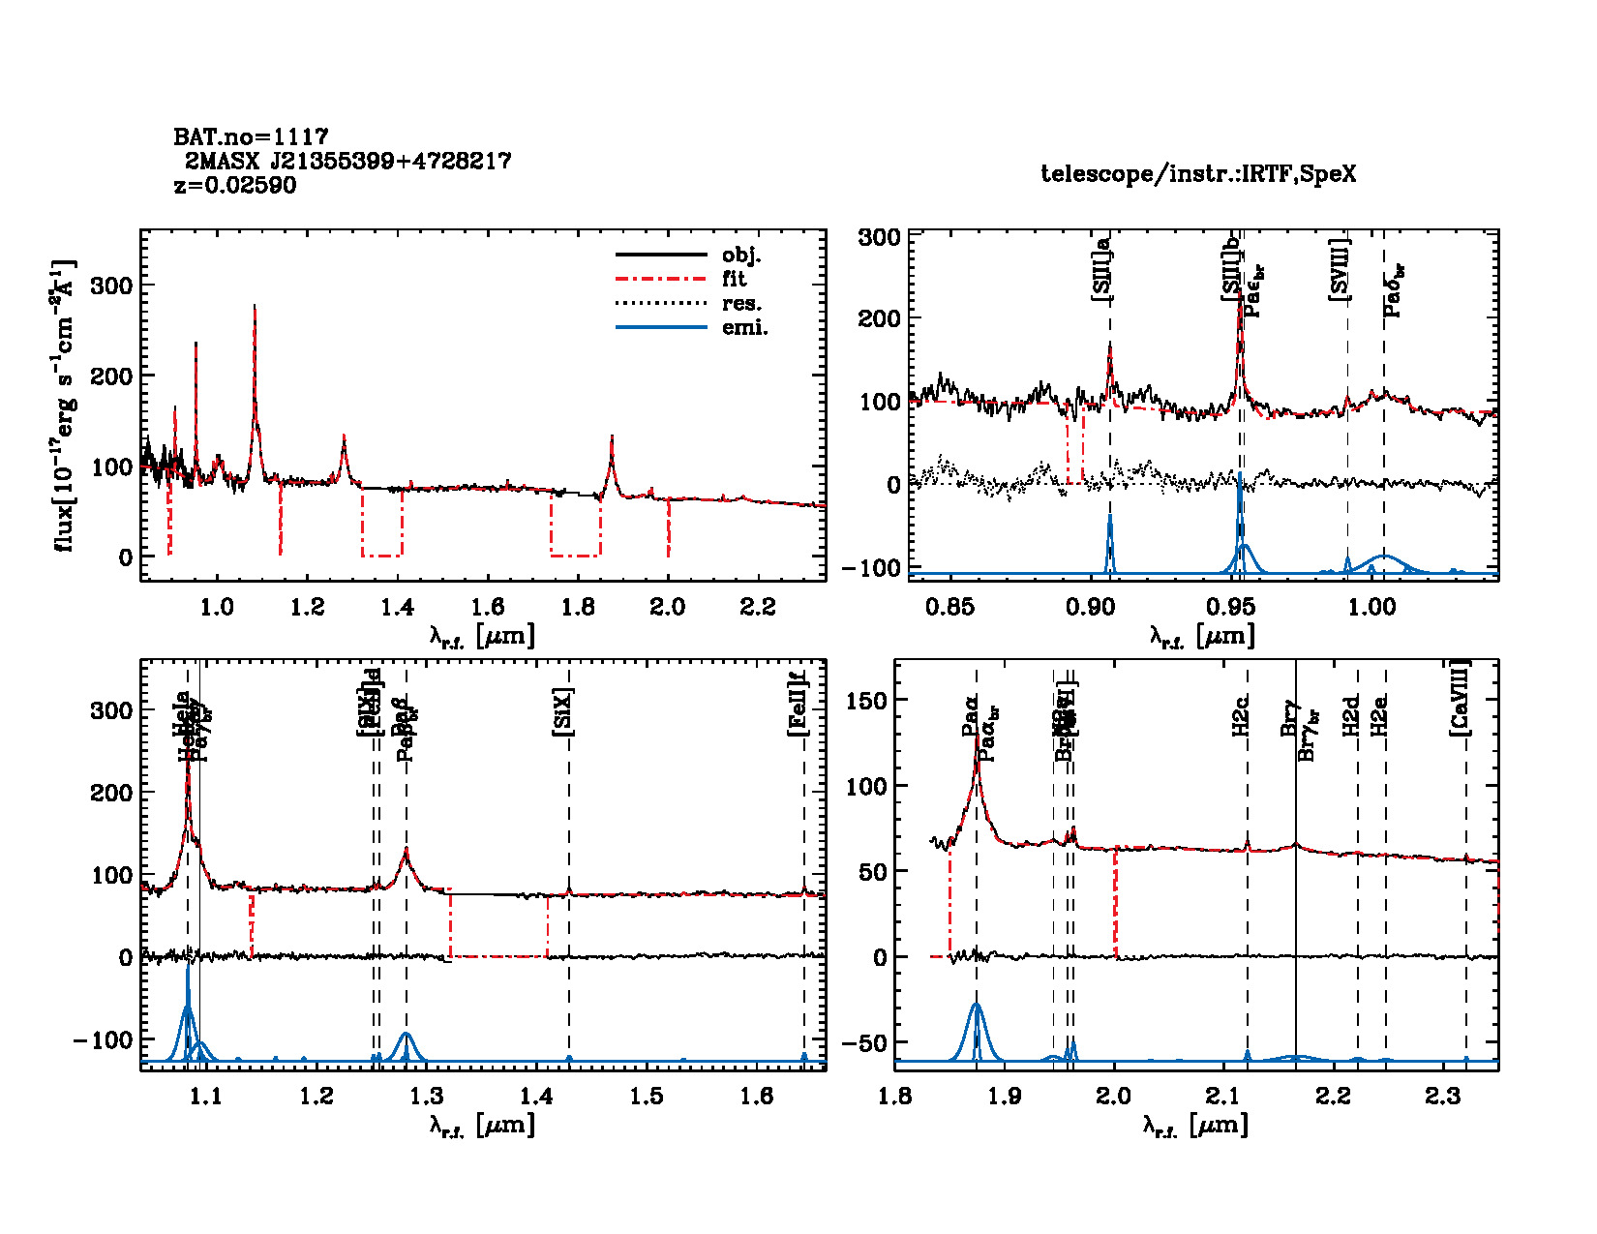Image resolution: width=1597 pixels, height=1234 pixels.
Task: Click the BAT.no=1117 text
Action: pyautogui.click(x=251, y=137)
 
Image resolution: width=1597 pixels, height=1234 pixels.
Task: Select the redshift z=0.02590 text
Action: pyautogui.click(x=235, y=185)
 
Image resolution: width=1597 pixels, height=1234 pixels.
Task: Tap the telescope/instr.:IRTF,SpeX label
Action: pyautogui.click(x=1198, y=174)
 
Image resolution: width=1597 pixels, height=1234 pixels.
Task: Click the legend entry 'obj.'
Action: pyautogui.click(x=741, y=256)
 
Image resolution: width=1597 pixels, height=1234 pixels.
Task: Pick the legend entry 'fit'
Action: pyautogui.click(x=735, y=279)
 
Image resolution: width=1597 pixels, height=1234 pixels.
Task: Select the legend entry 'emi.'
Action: pyautogui.click(x=744, y=327)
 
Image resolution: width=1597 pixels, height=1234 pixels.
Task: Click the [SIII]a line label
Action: pyautogui.click(x=1101, y=268)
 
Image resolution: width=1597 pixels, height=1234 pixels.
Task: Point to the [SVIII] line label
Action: pyautogui.click(x=1340, y=269)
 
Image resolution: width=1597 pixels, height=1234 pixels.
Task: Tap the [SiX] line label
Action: pyautogui.click(x=562, y=714)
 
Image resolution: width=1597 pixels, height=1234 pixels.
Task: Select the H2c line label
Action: pyautogui.click(x=1242, y=716)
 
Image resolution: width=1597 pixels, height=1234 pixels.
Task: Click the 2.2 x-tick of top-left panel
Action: pyautogui.click(x=757, y=607)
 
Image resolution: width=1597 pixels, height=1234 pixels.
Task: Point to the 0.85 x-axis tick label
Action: pyautogui.click(x=949, y=607)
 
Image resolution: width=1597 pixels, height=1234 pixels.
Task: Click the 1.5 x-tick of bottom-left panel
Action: pyautogui.click(x=647, y=1096)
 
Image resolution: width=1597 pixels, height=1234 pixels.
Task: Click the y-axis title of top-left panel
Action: pyautogui.click(x=65, y=406)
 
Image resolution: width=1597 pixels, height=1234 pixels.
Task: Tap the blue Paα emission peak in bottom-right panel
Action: pyautogui.click(x=977, y=1006)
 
